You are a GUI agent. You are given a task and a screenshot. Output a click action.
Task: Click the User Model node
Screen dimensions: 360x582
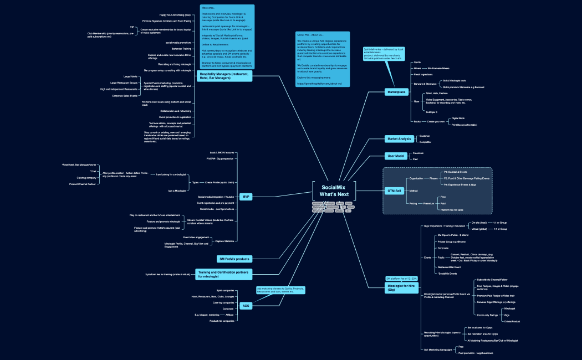(395, 156)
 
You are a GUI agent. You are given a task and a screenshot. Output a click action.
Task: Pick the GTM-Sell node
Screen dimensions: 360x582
(395, 191)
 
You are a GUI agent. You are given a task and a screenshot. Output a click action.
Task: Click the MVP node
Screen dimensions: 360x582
(246, 197)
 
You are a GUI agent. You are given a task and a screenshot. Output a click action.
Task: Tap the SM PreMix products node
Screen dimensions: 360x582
(235, 259)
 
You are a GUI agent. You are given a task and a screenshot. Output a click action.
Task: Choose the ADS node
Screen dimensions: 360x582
(246, 305)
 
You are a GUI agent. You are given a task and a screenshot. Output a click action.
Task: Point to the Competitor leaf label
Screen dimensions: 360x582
(425, 142)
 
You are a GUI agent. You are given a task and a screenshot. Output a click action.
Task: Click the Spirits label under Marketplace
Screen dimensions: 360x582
(417, 62)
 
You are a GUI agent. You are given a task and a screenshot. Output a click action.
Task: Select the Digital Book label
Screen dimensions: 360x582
(458, 118)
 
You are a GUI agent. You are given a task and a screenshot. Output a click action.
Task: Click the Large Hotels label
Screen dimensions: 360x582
(130, 76)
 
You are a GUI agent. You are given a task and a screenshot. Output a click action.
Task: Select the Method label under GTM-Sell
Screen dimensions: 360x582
(413, 191)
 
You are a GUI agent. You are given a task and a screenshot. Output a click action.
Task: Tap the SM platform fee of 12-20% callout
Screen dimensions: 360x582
(401, 278)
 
